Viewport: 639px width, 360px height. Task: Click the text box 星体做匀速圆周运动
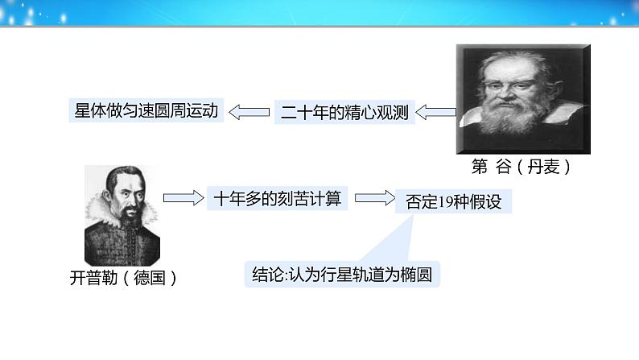(146, 110)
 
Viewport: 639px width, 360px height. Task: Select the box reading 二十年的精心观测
(344, 112)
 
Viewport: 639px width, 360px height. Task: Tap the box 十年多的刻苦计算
(277, 199)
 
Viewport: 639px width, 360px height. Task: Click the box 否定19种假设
(454, 201)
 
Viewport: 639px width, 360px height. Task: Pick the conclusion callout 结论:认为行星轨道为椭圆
(342, 274)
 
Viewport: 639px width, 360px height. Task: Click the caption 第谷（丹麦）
(521, 167)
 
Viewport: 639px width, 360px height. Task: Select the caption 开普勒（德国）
(123, 278)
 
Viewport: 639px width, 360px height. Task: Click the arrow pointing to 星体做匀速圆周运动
(249, 112)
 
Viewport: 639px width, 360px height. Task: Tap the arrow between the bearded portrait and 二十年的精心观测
(435, 112)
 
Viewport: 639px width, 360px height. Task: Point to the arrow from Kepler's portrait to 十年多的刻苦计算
(183, 198)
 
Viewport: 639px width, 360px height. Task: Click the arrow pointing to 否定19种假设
(375, 198)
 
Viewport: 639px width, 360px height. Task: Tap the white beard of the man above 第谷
(512, 116)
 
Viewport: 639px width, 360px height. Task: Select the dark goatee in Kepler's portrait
(131, 215)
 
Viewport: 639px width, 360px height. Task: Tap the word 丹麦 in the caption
(544, 167)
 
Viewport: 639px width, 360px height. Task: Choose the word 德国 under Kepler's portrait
(150, 278)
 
